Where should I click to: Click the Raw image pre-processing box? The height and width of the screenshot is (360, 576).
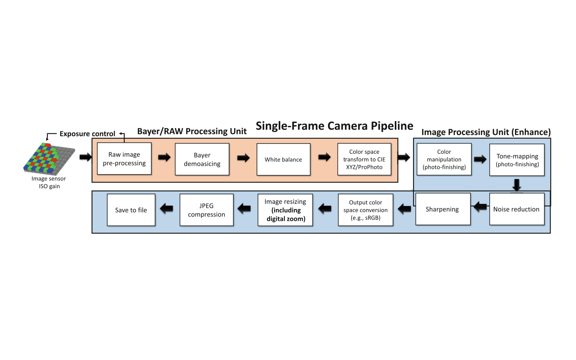click(x=124, y=159)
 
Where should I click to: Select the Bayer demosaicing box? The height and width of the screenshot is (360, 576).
click(x=202, y=160)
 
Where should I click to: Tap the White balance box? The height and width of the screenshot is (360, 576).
click(x=283, y=160)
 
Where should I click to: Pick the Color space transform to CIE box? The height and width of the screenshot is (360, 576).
click(x=364, y=160)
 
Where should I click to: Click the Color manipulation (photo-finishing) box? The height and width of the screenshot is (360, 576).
click(x=444, y=160)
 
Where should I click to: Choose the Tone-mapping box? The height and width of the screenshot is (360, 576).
click(x=517, y=160)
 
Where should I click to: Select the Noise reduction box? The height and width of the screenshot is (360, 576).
click(x=517, y=209)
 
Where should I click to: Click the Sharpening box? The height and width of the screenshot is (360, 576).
click(x=443, y=209)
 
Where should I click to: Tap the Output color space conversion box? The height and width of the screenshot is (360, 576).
click(x=365, y=210)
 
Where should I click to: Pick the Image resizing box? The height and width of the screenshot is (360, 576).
click(x=285, y=210)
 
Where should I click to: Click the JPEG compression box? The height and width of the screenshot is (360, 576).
click(x=207, y=210)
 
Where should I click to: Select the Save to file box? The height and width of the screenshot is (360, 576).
click(x=131, y=210)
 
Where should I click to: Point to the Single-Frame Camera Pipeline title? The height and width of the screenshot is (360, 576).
click(x=334, y=126)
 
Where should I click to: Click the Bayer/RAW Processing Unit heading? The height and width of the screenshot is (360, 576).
click(x=192, y=131)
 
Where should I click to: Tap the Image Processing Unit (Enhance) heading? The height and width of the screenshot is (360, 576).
click(x=486, y=132)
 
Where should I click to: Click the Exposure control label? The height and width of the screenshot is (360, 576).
click(x=87, y=134)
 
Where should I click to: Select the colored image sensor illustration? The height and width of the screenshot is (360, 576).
click(x=49, y=159)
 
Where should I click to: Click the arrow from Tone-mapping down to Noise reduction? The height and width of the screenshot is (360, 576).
click(x=517, y=184)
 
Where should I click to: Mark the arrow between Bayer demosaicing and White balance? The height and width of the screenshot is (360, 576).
click(x=243, y=158)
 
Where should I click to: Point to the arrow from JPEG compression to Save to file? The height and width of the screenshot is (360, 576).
click(x=166, y=209)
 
